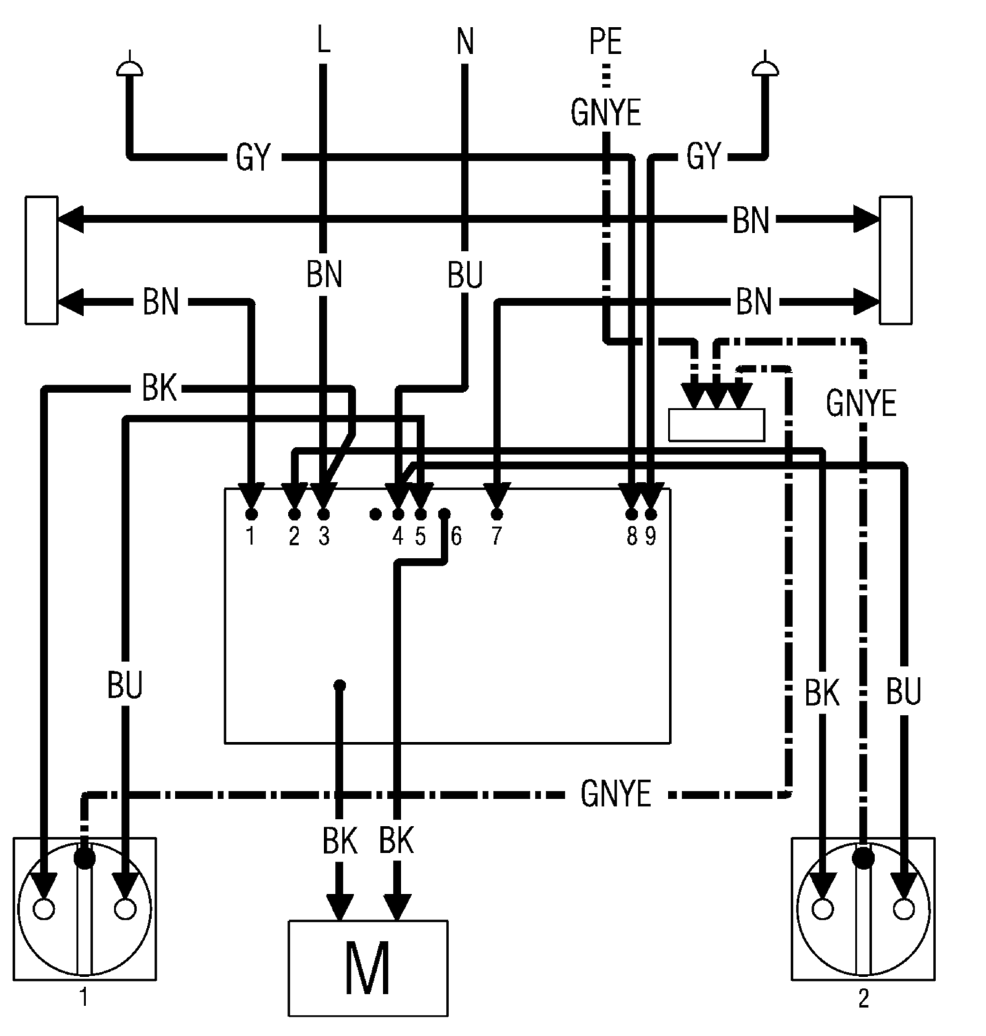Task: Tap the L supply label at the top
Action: [x=324, y=40]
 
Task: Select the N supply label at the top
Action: [x=465, y=41]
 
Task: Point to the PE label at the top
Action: [x=606, y=41]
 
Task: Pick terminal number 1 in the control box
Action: [x=251, y=535]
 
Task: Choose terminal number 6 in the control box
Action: [x=456, y=535]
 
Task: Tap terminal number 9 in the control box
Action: [x=651, y=535]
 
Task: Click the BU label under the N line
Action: [x=465, y=275]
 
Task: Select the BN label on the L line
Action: [x=324, y=275]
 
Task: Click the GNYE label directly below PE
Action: [x=606, y=113]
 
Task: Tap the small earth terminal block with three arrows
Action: [x=716, y=424]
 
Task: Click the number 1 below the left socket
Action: [x=83, y=997]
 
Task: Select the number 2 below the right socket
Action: [x=864, y=998]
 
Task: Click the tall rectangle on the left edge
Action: [x=41, y=260]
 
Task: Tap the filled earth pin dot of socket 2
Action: [x=863, y=859]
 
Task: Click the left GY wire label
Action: [x=253, y=157]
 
